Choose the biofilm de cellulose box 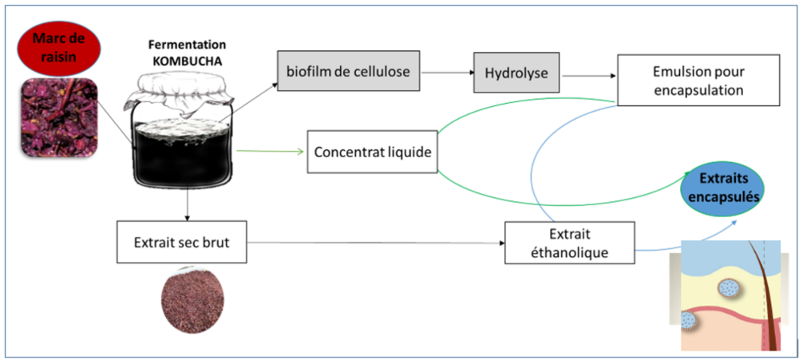(x=348, y=72)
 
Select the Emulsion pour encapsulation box (x=696, y=81)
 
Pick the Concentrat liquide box (x=373, y=152)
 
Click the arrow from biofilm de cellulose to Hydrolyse (x=446, y=73)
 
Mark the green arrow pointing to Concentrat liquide (x=271, y=151)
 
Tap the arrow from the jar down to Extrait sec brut (x=186, y=202)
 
